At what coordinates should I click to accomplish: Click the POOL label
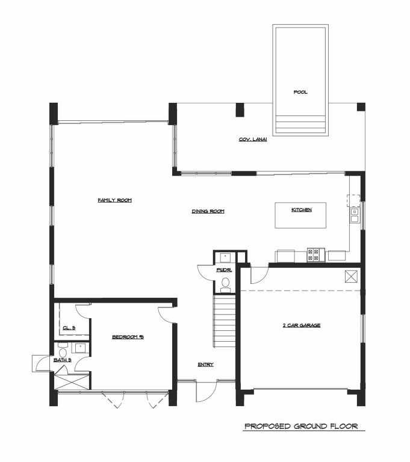click(300, 93)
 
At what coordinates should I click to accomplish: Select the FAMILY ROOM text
click(114, 200)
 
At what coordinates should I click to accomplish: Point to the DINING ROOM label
click(208, 211)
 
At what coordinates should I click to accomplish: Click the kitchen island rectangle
click(301, 216)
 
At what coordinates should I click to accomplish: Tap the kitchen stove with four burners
click(314, 255)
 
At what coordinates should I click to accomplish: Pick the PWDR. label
click(224, 270)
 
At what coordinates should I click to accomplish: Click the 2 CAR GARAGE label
click(301, 325)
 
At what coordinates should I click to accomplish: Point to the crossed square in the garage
click(351, 276)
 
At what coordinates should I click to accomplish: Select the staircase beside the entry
click(224, 322)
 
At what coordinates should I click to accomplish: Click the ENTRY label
click(205, 365)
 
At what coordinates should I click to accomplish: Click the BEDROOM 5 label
click(128, 337)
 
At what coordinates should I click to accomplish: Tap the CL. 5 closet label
click(69, 328)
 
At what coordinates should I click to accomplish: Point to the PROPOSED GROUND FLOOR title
click(301, 427)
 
